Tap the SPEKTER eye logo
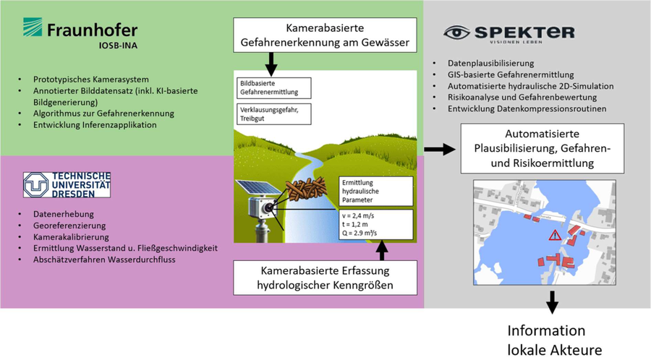pos(457,33)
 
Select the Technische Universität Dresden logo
pos(67,185)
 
